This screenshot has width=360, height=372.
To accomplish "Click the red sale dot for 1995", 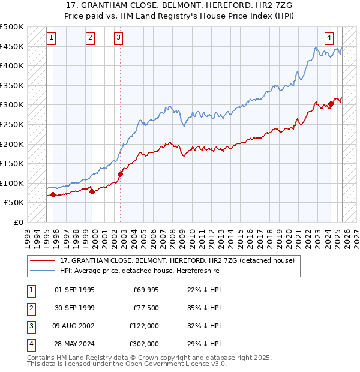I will [x=53, y=194].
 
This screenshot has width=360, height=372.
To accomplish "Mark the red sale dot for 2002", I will [x=120, y=174].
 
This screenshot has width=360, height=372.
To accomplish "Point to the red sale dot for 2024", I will [x=331, y=104].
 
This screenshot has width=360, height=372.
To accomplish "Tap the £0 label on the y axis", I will [x=19, y=222].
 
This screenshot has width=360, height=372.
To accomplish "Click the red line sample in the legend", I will [x=43, y=261].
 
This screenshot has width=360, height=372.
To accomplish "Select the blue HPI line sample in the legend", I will [x=43, y=271].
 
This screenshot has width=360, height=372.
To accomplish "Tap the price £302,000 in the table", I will [x=145, y=344].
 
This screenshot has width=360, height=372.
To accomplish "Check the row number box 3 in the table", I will [x=31, y=326].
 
